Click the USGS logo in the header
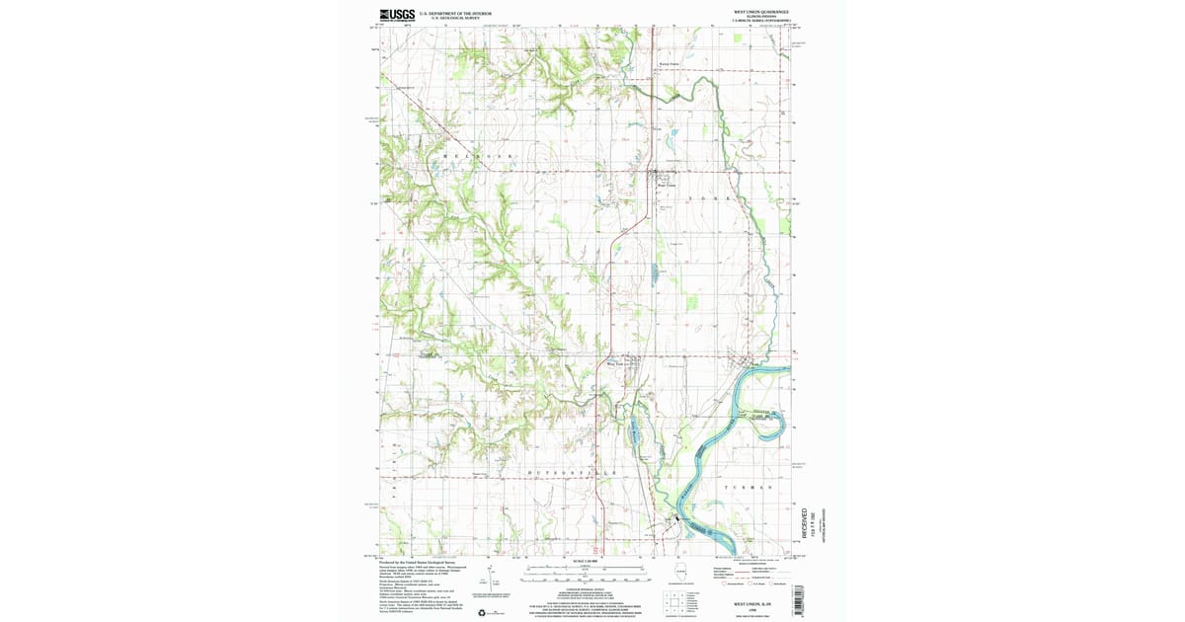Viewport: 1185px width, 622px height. [396, 15]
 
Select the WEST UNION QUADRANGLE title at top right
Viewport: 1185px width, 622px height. [760, 11]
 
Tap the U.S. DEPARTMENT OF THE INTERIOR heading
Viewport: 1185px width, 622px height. [455, 13]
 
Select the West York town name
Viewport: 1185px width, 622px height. [615, 364]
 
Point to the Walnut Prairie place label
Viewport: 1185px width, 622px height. [670, 64]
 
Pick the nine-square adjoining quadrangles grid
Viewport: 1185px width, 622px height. [673, 601]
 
